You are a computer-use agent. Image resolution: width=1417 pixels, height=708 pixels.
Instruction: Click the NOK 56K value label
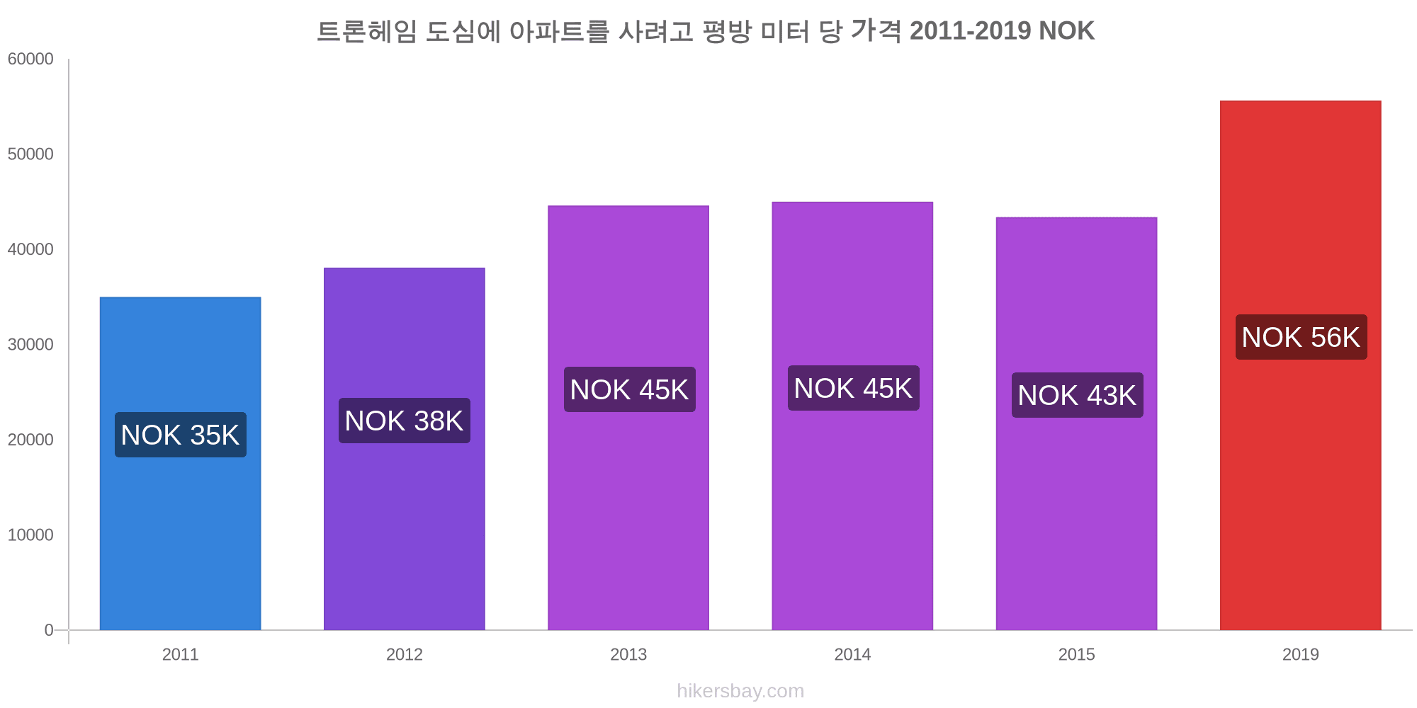[x=1301, y=337]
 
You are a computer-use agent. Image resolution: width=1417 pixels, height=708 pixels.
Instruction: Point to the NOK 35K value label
[x=181, y=435]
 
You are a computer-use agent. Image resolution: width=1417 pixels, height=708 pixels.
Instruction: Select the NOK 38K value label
[x=404, y=421]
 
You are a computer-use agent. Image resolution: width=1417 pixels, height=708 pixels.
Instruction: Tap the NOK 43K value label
[x=1077, y=395]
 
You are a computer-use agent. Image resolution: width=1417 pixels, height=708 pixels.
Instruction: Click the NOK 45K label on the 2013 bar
[x=629, y=389]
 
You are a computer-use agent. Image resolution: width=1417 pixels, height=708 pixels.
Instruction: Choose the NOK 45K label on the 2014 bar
[x=853, y=388]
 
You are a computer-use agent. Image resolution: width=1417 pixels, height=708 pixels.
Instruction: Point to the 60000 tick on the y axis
[x=30, y=59]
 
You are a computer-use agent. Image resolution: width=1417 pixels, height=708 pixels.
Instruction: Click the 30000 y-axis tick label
[x=30, y=345]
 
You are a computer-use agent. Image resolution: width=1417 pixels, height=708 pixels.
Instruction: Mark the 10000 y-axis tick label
[x=30, y=535]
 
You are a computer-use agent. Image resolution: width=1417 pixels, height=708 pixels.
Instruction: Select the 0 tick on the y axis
[x=49, y=630]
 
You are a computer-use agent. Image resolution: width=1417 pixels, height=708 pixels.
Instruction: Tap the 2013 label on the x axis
[x=628, y=654]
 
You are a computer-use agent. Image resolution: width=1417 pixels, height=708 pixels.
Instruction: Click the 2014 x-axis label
[x=852, y=654]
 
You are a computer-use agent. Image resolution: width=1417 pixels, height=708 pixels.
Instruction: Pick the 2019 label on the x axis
[x=1300, y=654]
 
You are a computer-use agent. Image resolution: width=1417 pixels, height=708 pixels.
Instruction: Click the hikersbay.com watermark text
[x=740, y=691]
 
